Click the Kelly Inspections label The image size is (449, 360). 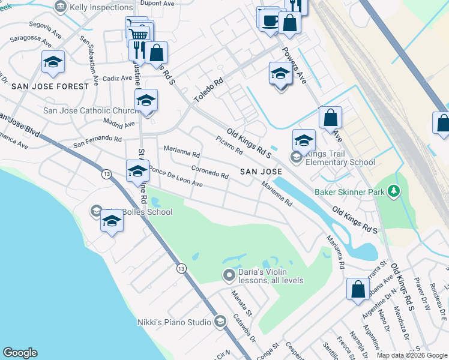pos(101,7)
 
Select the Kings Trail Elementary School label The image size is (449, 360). pos(340,158)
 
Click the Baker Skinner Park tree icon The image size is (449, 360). pos(394,191)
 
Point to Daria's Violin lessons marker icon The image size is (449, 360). pos(228,276)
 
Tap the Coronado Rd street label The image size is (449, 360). pos(209,172)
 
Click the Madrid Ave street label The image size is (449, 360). pos(118,124)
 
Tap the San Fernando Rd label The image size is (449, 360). pos(97,142)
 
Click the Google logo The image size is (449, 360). pos(20,353)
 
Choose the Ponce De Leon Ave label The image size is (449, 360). pos(175,178)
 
